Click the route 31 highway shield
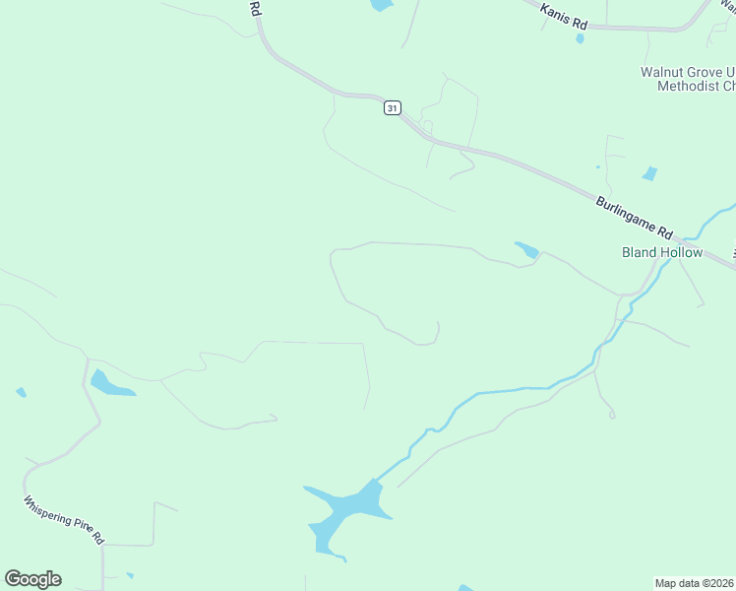pos(392,108)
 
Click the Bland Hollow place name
pos(662,252)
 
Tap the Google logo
pos(32,579)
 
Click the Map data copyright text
pos(695,582)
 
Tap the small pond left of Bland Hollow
pos(526,250)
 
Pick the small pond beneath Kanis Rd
pos(580,38)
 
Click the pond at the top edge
pos(381,5)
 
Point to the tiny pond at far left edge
pos(21,392)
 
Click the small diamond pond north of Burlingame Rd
pos(649,174)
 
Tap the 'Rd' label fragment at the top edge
pos(255,8)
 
